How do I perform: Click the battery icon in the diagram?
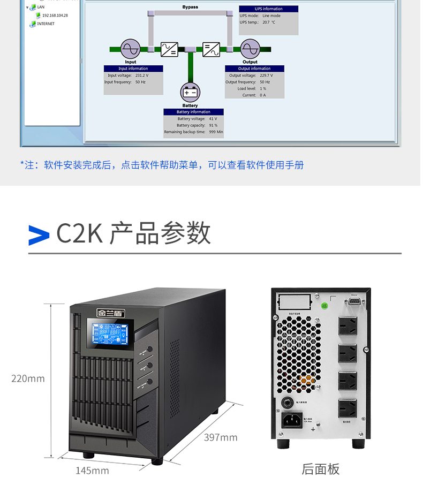click(x=190, y=93)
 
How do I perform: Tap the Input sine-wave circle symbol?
click(x=130, y=49)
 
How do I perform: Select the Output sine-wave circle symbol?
click(x=250, y=49)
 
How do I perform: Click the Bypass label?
click(x=190, y=7)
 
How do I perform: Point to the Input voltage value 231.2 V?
click(x=142, y=75)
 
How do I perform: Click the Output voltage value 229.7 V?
click(x=266, y=75)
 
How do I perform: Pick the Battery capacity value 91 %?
click(x=213, y=125)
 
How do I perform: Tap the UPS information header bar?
click(x=269, y=9)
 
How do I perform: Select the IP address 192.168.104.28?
click(x=55, y=16)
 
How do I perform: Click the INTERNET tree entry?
click(x=46, y=24)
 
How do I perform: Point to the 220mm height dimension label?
click(x=28, y=379)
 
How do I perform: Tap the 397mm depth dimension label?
click(x=221, y=438)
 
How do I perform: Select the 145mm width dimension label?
click(x=92, y=471)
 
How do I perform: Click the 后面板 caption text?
click(x=321, y=469)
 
